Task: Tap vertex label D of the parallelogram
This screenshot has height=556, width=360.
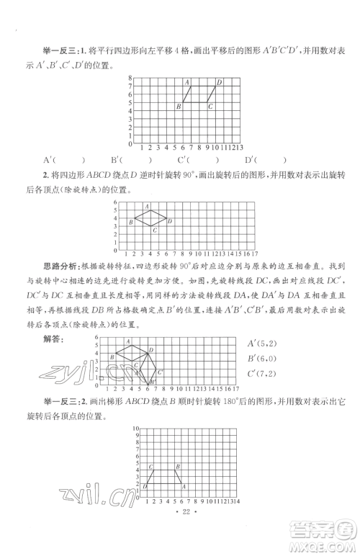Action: click(x=219, y=82)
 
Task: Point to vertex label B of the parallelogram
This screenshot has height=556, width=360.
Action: click(x=178, y=107)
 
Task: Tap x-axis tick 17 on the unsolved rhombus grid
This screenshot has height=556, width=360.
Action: click(x=256, y=254)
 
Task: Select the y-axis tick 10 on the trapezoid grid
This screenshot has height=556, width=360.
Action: click(x=135, y=429)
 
